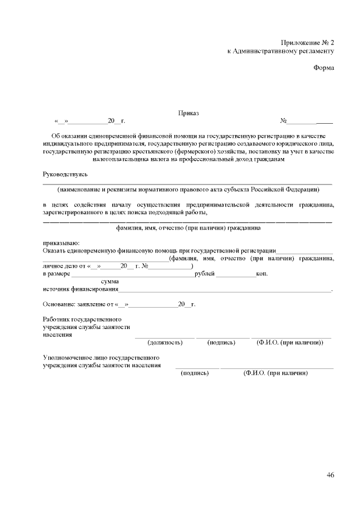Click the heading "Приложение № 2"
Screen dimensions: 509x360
[308, 43]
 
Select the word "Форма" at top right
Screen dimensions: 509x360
[323, 68]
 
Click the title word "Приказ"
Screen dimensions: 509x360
[188, 113]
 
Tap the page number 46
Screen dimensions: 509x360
[330, 475]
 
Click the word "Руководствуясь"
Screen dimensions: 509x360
[66, 175]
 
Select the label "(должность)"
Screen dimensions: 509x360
[164, 342]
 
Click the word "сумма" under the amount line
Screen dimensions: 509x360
[109, 281]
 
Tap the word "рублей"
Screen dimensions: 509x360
[204, 274]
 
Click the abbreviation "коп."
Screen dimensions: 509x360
[262, 274]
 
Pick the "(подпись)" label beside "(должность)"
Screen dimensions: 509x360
[222, 342]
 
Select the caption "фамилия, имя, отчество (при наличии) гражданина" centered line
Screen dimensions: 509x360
[188, 228]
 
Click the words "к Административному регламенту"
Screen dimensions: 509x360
[281, 51]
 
